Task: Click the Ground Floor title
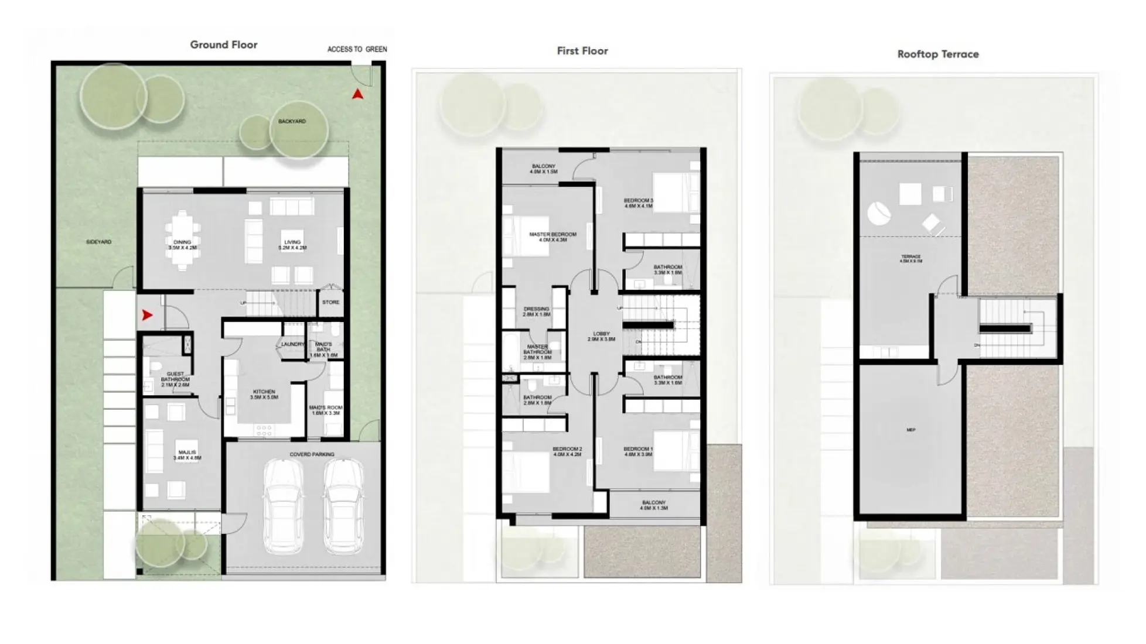pos(223,45)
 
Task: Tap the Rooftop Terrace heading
pos(937,54)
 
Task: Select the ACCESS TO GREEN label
pos(357,49)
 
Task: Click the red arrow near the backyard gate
pos(357,94)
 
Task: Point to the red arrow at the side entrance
pos(147,315)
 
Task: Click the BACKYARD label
pos(292,121)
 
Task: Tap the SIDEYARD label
pos(98,242)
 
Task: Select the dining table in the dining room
pos(182,240)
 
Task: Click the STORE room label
pos(330,302)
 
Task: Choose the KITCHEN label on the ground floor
pos(264,392)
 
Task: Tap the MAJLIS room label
pos(187,453)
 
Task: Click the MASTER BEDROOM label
pos(552,235)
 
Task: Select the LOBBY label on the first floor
pos(601,334)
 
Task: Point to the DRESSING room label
pos(536,309)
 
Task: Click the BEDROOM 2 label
pos(567,449)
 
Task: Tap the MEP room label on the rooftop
pos(910,430)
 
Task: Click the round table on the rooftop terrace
pos(879,213)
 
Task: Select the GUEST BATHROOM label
pos(175,376)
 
